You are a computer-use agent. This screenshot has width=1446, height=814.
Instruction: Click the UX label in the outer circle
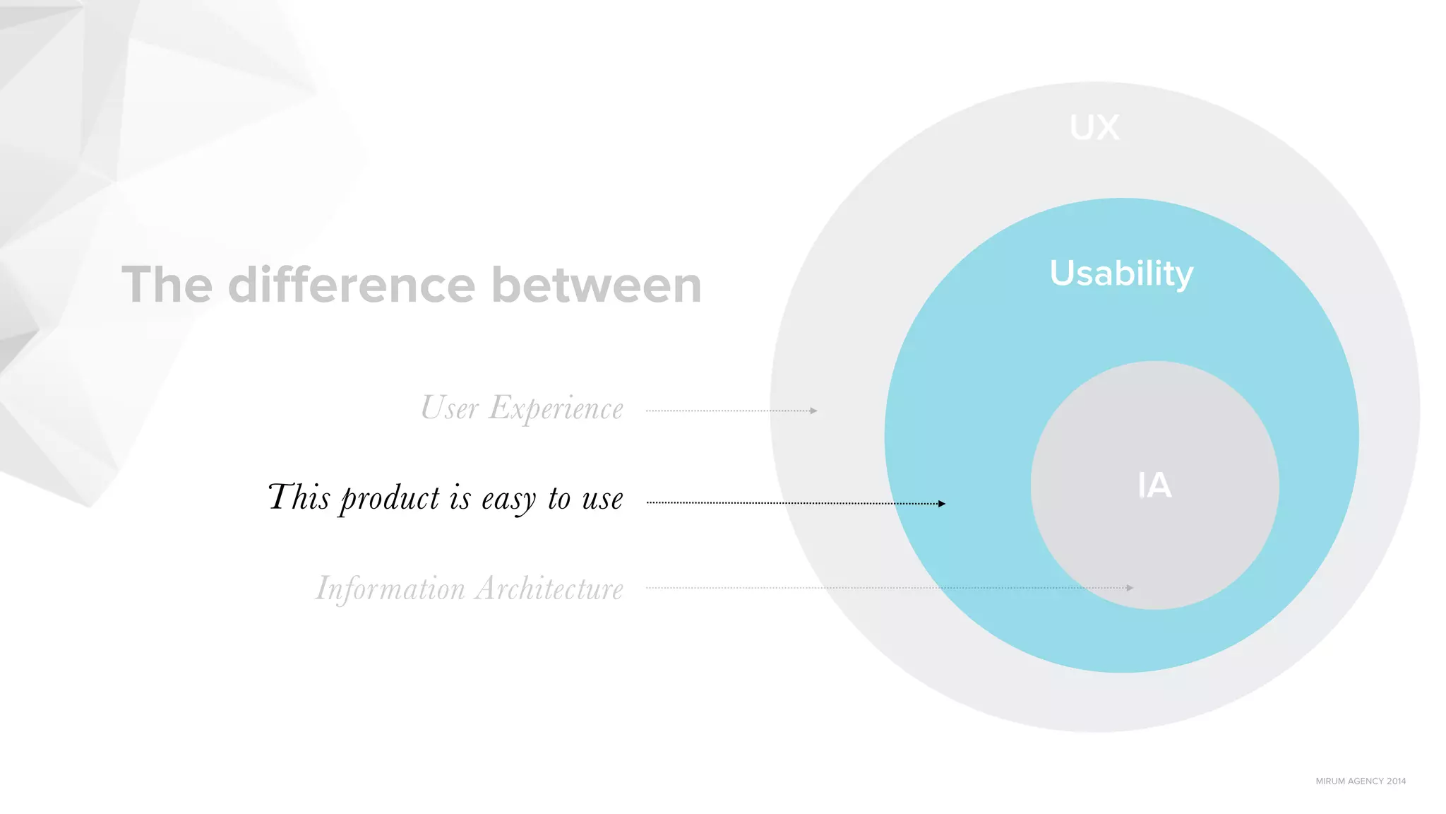1094,128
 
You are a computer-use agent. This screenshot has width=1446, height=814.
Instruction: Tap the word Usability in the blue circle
1121,273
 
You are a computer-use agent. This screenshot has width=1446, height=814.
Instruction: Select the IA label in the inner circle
1154,485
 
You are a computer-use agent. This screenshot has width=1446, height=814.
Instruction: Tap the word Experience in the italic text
556,408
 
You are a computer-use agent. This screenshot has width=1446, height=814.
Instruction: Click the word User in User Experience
450,408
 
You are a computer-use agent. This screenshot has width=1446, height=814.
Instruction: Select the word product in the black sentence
390,499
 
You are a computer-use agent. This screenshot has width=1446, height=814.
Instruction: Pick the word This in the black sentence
299,497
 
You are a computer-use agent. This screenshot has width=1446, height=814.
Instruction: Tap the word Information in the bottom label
390,589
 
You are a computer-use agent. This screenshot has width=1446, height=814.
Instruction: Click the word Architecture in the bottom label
549,589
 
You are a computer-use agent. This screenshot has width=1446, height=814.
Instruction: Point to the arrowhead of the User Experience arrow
814,411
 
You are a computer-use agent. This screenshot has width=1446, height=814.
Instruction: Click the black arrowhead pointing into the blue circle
942,504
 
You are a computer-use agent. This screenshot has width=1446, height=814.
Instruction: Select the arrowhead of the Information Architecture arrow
1130,588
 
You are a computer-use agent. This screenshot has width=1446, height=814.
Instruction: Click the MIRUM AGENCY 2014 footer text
1360,781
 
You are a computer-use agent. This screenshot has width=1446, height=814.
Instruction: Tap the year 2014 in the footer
1396,781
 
